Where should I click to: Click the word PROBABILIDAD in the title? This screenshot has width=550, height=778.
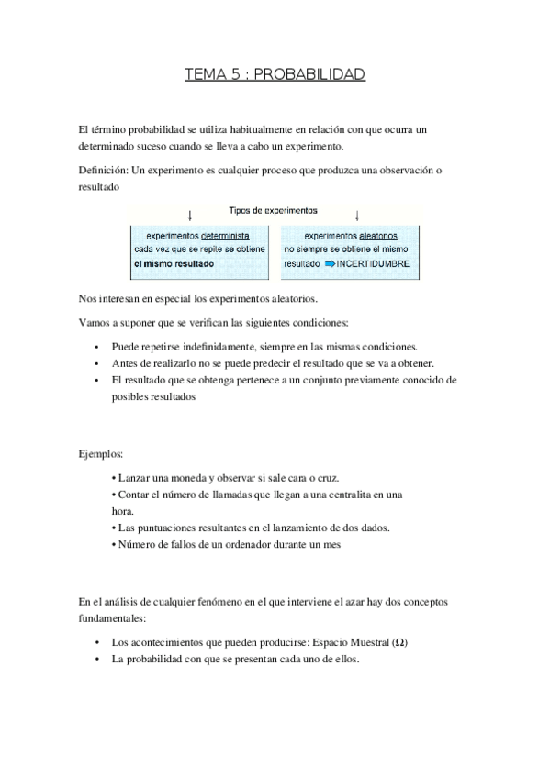tap(317, 74)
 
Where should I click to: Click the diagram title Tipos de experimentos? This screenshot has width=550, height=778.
tap(273, 210)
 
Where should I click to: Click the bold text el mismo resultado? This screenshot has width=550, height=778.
tap(174, 264)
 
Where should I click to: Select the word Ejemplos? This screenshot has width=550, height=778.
tap(101, 453)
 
